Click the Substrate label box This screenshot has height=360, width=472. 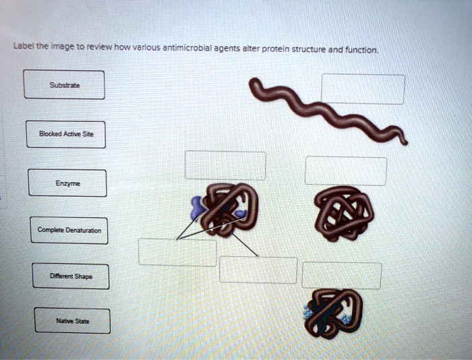coord(64,85)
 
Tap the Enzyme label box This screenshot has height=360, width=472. coord(67,183)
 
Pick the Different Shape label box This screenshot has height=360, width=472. coord(70,276)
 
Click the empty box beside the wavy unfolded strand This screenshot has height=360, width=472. coord(363,89)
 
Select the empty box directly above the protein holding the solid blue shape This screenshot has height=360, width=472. coord(225,165)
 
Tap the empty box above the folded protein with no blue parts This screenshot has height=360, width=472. coord(345,171)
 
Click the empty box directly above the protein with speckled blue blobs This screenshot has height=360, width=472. coord(341,275)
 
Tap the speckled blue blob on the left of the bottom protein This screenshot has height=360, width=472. coord(311,309)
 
